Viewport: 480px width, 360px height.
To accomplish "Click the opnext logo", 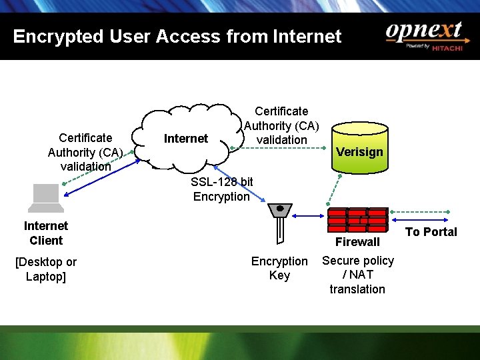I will [x=423, y=32].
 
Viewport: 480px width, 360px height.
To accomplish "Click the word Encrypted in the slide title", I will [x=49, y=36].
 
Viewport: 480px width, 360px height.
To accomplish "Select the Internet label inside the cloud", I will [x=185, y=139].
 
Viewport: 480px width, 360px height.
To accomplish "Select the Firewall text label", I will [x=357, y=242].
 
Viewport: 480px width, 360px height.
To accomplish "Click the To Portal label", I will [x=431, y=232].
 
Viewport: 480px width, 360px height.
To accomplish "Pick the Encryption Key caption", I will [x=279, y=268].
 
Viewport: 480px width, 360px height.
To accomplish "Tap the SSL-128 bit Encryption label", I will [x=221, y=189].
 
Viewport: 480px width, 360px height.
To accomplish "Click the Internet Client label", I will [x=45, y=233].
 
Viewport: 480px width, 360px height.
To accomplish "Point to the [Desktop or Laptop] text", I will [x=45, y=269].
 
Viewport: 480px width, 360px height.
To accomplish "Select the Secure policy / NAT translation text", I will [x=358, y=275].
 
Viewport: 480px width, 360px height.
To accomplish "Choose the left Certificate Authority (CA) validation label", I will [x=85, y=152].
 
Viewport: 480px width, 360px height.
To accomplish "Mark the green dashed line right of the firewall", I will [x=421, y=215].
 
